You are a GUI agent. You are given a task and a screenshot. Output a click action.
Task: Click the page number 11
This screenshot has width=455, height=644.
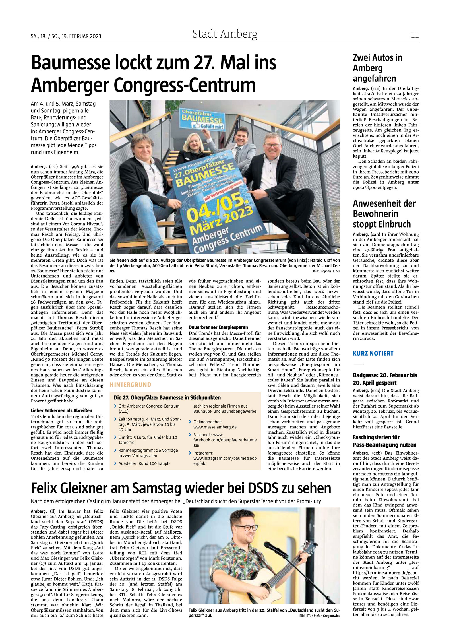point(414,35)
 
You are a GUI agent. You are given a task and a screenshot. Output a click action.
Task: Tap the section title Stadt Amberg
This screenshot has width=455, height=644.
point(225,34)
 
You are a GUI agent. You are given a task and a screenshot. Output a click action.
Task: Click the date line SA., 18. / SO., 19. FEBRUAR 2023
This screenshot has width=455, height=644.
point(66,36)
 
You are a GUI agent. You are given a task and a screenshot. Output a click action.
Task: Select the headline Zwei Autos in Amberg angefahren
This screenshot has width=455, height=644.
point(377,68)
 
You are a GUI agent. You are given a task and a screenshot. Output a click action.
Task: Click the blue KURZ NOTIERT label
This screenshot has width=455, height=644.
point(373,353)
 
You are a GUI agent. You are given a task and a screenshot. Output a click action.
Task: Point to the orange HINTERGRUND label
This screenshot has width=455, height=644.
point(131,385)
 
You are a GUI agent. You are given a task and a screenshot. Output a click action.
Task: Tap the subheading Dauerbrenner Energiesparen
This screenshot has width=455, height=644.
point(218,327)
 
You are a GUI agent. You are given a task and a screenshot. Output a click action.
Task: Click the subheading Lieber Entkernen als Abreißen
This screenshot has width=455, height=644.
point(61,410)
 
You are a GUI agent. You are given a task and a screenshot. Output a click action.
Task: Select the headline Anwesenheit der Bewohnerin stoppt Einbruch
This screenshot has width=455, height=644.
point(384,214)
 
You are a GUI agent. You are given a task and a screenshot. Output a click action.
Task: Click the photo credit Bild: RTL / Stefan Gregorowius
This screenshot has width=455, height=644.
point(319,616)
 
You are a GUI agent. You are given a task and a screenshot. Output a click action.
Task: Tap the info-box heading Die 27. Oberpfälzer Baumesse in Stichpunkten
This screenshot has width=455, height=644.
point(167,397)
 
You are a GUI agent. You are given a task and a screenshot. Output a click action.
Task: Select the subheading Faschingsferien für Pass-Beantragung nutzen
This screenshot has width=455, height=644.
point(384,441)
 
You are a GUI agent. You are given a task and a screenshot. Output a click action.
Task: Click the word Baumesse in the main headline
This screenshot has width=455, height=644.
point(70,63)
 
